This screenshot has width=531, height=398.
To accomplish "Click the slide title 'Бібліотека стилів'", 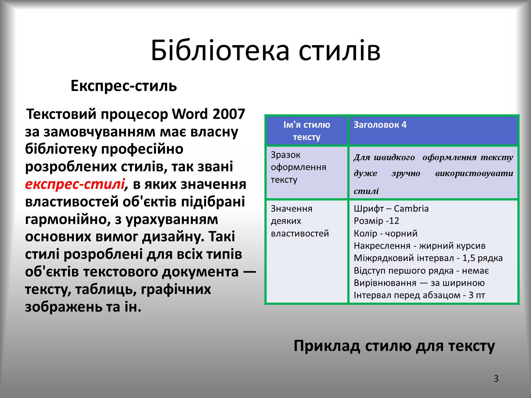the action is [265, 50].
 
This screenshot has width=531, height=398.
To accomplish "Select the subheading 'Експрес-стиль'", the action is [123, 86].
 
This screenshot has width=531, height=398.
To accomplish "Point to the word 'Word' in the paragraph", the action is [190, 114].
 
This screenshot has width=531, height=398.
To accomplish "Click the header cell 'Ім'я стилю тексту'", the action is [307, 131].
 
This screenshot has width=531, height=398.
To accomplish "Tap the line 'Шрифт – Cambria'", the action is [391, 208].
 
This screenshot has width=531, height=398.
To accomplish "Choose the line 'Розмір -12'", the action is [376, 221].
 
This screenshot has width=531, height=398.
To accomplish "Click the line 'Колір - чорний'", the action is [386, 233].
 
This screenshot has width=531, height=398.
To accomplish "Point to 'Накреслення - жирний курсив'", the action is [419, 245].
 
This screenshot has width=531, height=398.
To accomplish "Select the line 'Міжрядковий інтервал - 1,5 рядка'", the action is [428, 258].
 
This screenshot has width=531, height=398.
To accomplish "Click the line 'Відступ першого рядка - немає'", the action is [421, 270].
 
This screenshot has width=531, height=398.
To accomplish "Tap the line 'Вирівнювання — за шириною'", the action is [419, 283].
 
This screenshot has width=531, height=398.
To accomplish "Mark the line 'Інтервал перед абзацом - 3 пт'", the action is [419, 295].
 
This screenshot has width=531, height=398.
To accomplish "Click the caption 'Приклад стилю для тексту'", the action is [394, 346].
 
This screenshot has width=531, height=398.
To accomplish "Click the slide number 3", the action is [496, 378].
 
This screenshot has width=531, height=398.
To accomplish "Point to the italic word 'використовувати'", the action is [474, 173].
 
